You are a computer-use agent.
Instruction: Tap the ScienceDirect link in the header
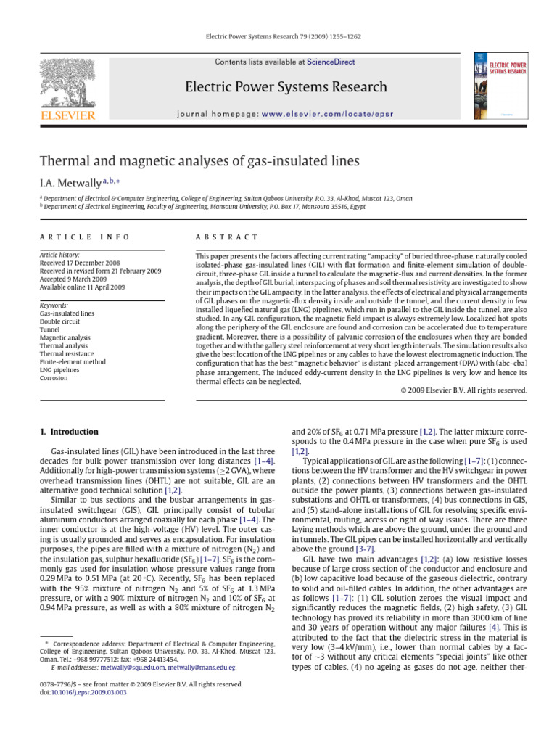331,62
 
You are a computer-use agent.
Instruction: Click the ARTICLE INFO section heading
85,237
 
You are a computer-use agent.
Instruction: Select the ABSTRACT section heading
227,237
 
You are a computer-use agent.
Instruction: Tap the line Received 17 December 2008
81,263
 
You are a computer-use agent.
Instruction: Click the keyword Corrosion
54,378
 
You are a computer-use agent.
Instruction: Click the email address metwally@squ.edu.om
133,666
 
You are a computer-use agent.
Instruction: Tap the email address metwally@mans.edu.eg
202,666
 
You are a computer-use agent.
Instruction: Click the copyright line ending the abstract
463,390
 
